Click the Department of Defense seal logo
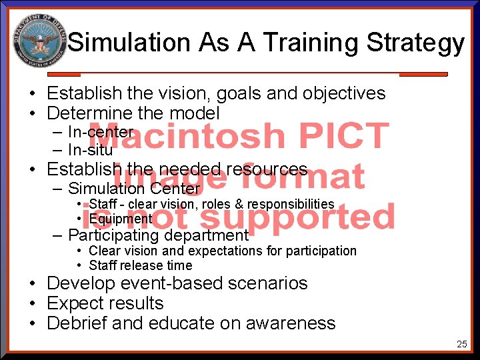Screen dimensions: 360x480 (x=39, y=40)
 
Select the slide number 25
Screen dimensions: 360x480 (x=461, y=344)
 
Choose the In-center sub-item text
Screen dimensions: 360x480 (x=101, y=132)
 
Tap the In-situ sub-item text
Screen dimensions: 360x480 (x=91, y=150)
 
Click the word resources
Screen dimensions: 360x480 (x=267, y=169)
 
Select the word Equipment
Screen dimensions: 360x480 (x=121, y=219)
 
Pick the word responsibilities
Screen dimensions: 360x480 (x=291, y=204)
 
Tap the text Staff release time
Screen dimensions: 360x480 (x=140, y=265)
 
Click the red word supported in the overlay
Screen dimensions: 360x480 (x=297, y=217)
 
